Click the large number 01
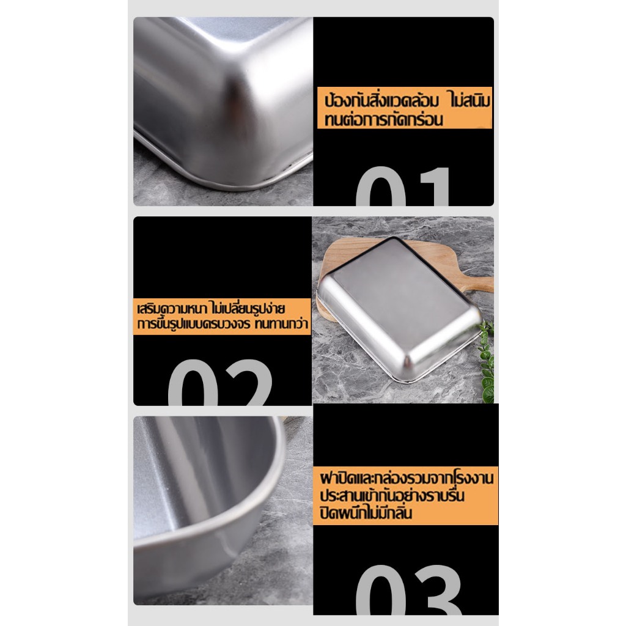[x=402, y=186]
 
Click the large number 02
[x=220, y=383]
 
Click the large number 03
[x=408, y=590]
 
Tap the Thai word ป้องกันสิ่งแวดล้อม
[x=381, y=100]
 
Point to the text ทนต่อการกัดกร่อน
[x=383, y=119]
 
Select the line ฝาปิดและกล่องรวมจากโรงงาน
[x=407, y=478]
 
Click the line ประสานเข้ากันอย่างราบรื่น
[x=392, y=495]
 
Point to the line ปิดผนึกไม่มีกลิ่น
[x=366, y=513]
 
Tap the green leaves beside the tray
[x=487, y=361]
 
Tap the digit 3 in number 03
[x=436, y=590]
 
